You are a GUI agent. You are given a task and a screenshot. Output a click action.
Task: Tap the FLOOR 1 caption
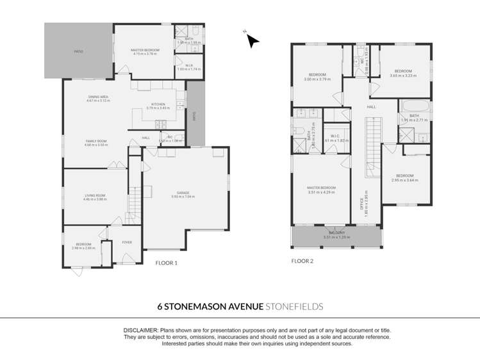(x=167, y=263)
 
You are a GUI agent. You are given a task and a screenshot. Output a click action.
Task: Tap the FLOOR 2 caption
(x=302, y=261)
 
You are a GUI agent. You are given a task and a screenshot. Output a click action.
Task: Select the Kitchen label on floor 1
(x=158, y=104)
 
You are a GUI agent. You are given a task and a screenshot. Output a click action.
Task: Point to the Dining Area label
(x=99, y=97)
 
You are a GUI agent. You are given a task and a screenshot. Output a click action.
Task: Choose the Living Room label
(x=94, y=195)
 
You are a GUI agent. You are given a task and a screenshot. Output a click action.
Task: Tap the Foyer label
(x=127, y=242)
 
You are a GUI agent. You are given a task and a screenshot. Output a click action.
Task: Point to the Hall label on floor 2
(x=371, y=107)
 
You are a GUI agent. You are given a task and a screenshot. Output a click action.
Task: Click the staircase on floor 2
(x=373, y=149)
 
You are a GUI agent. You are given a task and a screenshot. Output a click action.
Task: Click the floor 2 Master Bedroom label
(x=322, y=187)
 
